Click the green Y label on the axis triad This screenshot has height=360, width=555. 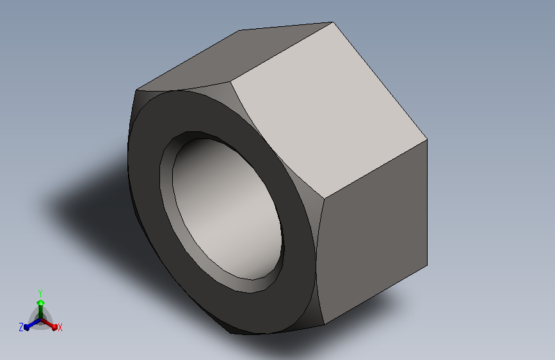coord(40,291)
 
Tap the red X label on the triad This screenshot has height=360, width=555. coord(60,327)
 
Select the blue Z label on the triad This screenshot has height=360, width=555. coord(21,327)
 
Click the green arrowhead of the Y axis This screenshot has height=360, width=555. coord(40,302)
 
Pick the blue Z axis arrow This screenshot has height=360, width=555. coord(28,325)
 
